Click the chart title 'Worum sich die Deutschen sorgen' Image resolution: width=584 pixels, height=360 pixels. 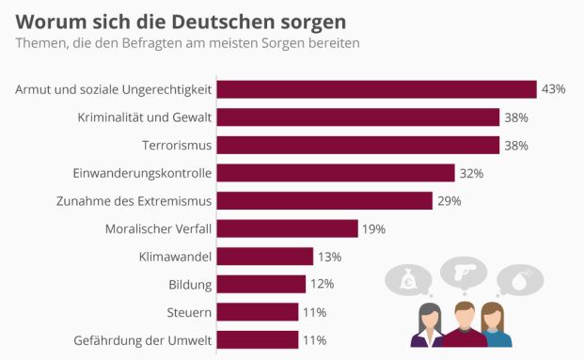point(180,20)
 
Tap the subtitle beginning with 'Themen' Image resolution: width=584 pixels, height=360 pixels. point(186,43)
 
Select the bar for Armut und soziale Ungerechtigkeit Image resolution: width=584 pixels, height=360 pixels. point(376,89)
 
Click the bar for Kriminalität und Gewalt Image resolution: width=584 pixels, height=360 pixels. point(357,117)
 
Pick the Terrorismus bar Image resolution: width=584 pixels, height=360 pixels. point(357,145)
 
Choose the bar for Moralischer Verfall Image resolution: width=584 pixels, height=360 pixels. point(287,228)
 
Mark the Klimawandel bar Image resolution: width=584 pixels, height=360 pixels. point(264,257)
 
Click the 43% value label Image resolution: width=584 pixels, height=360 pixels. point(553,89)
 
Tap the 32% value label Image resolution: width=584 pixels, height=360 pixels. point(471,173)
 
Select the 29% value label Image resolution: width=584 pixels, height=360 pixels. point(449,201)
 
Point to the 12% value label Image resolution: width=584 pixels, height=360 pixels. point(322,284)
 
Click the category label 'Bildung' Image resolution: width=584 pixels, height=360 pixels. point(190,284)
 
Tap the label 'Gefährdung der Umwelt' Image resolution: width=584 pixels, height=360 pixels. point(143,340)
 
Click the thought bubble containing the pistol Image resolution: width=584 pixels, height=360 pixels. point(463,271)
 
